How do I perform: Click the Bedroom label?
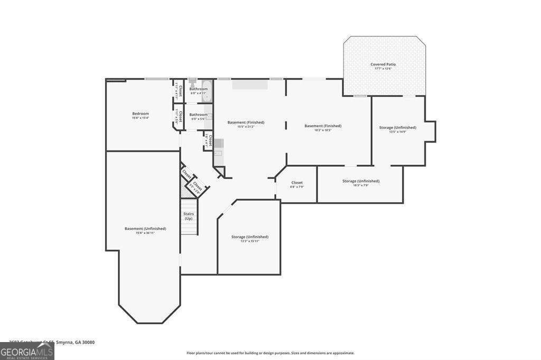point(141,113)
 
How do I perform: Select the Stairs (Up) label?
point(189,216)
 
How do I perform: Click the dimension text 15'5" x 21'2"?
point(246,127)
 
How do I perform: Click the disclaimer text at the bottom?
point(270,353)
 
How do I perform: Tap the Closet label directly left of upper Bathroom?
point(179,91)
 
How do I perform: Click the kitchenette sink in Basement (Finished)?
point(219,143)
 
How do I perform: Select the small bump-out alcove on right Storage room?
point(431,131)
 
